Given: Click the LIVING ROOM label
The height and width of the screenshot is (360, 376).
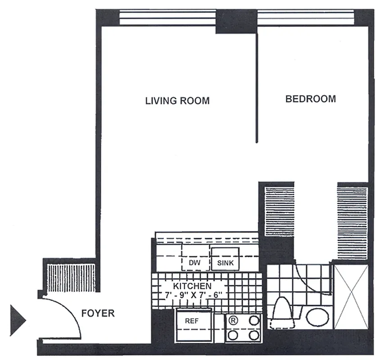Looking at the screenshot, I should [177, 100].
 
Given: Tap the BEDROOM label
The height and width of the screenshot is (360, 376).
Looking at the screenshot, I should [311, 99].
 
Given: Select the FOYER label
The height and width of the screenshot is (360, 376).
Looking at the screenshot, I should [98, 313].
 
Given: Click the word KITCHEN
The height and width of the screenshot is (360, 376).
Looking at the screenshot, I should [192, 286].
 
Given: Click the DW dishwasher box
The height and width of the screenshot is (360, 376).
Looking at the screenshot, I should [195, 263].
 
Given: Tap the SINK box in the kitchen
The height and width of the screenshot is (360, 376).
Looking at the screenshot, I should [226, 263].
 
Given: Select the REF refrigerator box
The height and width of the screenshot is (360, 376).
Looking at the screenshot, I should [192, 321].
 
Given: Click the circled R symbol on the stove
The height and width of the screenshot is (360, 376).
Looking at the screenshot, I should [233, 321].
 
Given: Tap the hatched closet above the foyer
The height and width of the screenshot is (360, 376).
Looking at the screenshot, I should [71, 277].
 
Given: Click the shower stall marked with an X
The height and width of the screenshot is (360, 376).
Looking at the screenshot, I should [350, 297].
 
